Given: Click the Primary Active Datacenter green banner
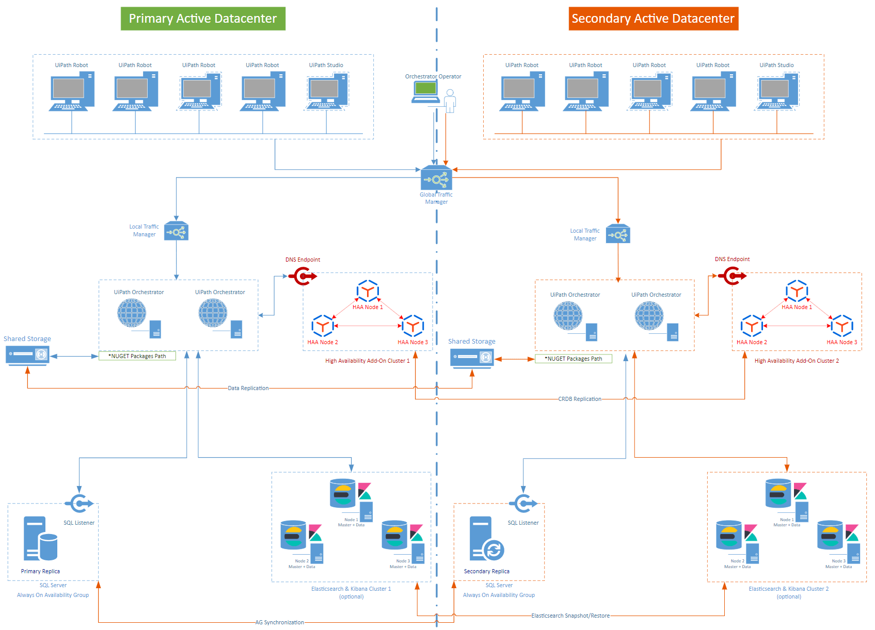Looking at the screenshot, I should (x=203, y=19).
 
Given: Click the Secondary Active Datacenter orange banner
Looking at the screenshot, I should (x=653, y=19).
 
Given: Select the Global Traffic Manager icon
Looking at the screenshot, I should (x=436, y=179).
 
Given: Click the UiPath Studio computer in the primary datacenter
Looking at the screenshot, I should (x=327, y=91).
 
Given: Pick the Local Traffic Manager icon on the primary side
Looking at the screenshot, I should (x=176, y=232).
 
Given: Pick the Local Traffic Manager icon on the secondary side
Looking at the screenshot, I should (x=618, y=234).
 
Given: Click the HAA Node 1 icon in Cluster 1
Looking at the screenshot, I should (x=368, y=292).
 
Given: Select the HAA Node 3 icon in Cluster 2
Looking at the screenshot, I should (x=841, y=326).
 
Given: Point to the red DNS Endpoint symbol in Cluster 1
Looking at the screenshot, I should (x=303, y=277).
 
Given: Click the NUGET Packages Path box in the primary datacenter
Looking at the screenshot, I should (x=137, y=356).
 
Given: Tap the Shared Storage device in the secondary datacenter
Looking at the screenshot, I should (x=472, y=358).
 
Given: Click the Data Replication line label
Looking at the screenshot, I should (x=248, y=388).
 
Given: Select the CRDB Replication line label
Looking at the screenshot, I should (x=579, y=399).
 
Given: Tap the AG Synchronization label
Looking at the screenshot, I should (x=279, y=622).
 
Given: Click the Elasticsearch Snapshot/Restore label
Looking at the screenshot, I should (x=570, y=616).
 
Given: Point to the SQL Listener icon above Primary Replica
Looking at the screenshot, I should (x=78, y=504).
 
